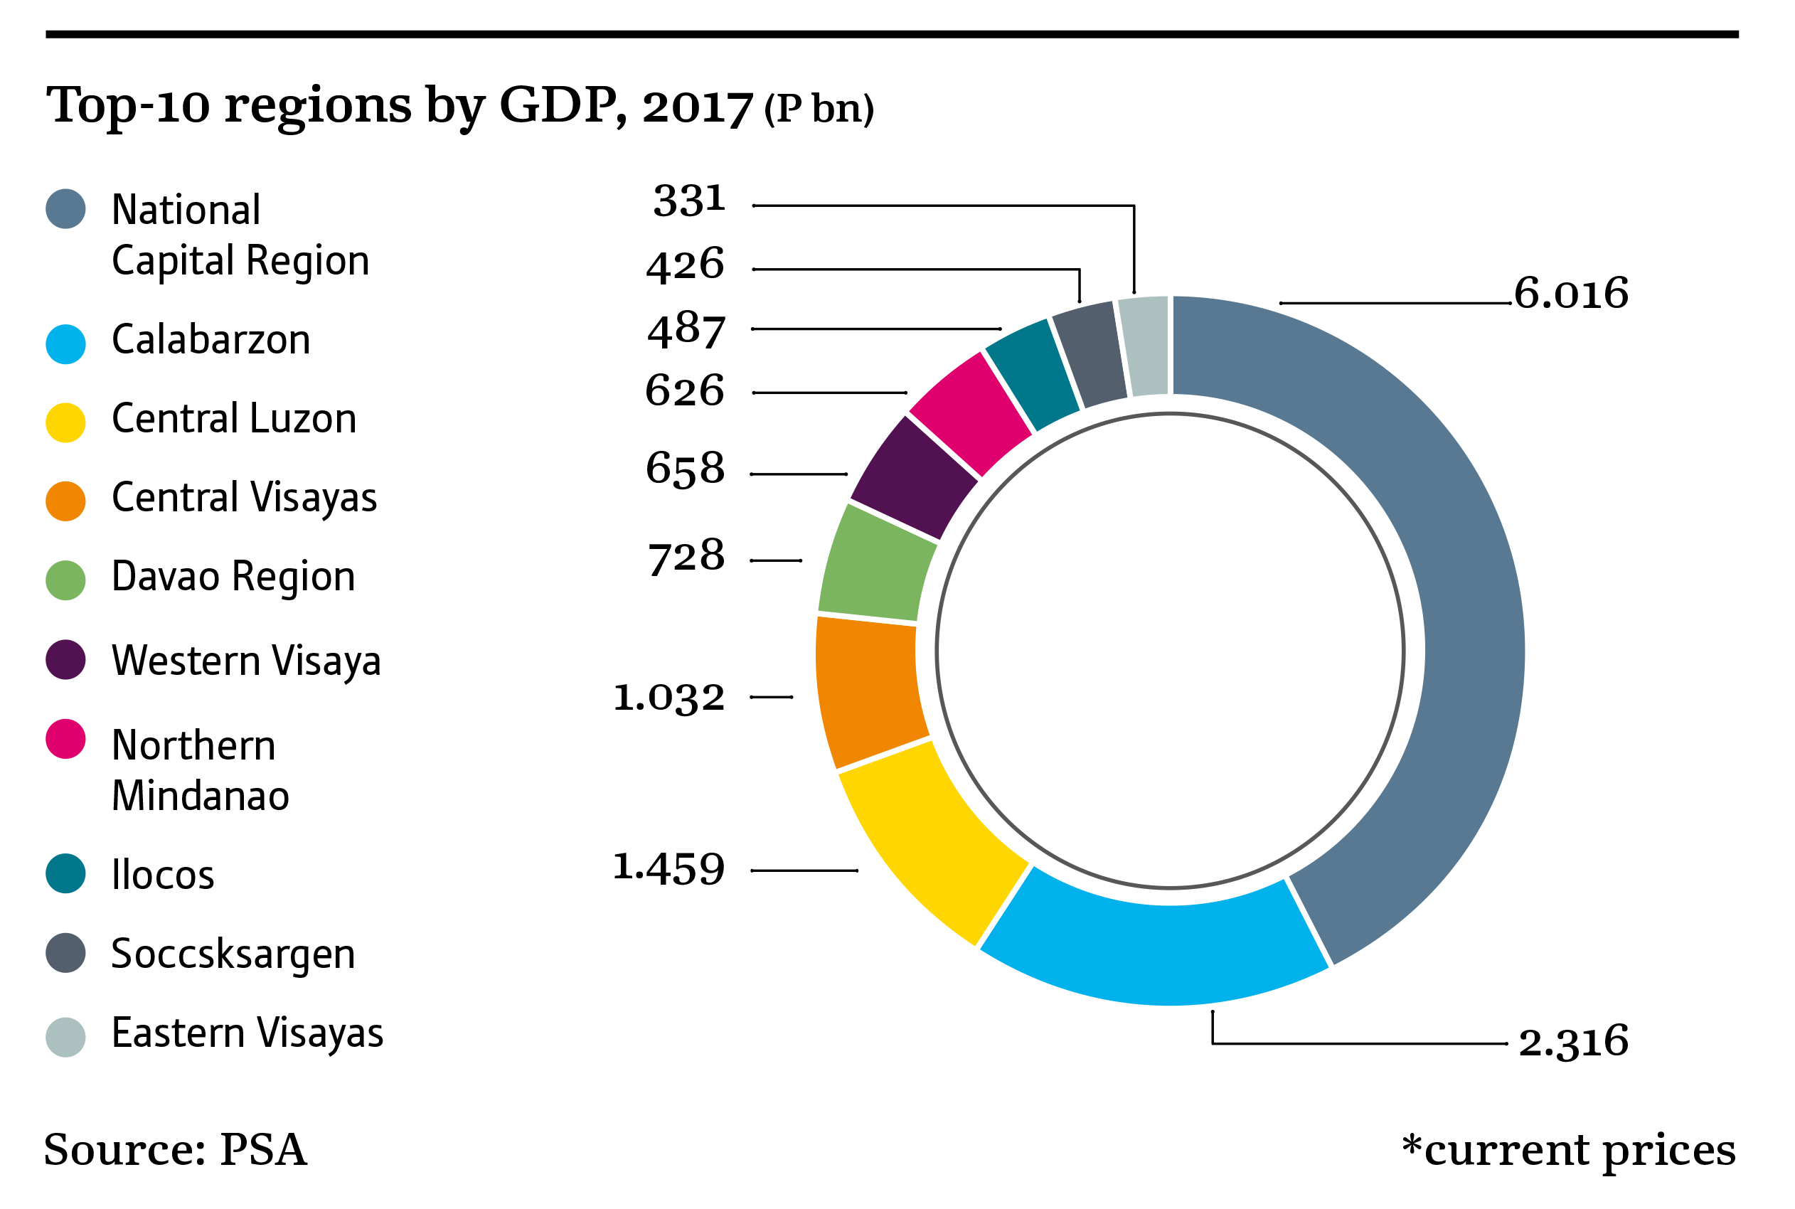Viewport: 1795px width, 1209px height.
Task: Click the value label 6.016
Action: pyautogui.click(x=1570, y=294)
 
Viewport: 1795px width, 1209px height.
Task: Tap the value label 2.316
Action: pyautogui.click(x=1573, y=1042)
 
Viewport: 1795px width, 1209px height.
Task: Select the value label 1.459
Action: pyautogui.click(x=669, y=868)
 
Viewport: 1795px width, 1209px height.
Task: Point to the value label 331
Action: pyautogui.click(x=689, y=201)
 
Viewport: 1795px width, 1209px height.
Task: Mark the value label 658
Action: pyautogui.click(x=686, y=469)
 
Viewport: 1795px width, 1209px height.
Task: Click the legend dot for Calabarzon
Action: pyautogui.click(x=65, y=344)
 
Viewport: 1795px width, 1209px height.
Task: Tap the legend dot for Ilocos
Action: pyautogui.click(x=65, y=873)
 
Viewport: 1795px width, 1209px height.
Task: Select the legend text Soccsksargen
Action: pyautogui.click(x=233, y=954)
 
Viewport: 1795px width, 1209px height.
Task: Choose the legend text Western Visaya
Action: pyautogui.click(x=246, y=661)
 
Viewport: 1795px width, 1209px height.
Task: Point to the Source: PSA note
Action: pyautogui.click(x=176, y=1150)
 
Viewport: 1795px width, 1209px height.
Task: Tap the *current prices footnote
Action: pyautogui.click(x=1568, y=1151)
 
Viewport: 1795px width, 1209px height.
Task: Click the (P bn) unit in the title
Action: pyautogui.click(x=819, y=109)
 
